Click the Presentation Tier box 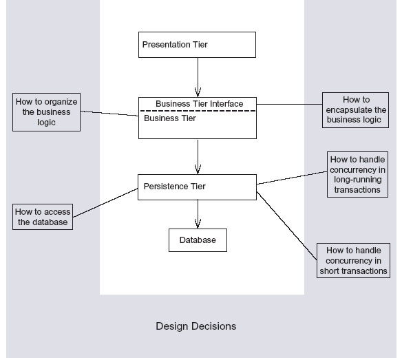(197, 45)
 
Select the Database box (198, 240)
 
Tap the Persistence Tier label (174, 187)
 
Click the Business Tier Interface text (199, 104)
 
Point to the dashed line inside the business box (198, 111)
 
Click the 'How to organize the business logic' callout (46, 112)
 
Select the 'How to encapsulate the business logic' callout (355, 110)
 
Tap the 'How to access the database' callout (43, 217)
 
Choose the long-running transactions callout (357, 174)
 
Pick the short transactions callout (353, 260)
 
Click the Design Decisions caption (196, 326)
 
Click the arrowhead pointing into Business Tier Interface (198, 92)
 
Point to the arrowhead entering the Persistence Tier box (198, 169)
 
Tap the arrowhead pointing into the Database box (198, 224)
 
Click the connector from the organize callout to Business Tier (109, 114)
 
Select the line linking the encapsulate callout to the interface (289, 104)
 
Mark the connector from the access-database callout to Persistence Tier (105, 203)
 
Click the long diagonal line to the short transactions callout (286, 226)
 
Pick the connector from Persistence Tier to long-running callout (292, 178)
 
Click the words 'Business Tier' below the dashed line (170, 118)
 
